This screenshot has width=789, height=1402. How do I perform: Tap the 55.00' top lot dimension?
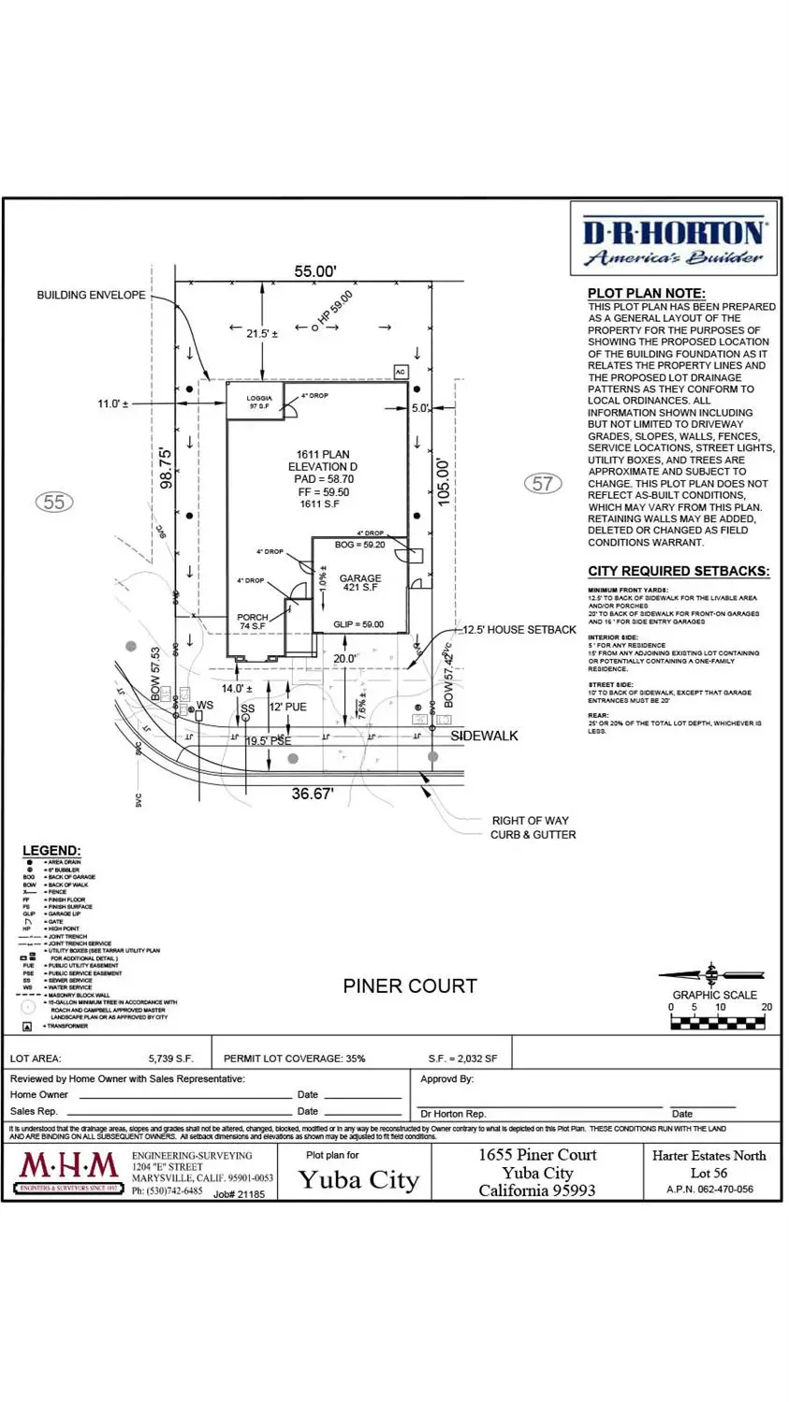tap(315, 271)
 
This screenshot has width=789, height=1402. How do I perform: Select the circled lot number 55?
tap(54, 502)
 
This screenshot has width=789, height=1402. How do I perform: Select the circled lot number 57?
tap(543, 483)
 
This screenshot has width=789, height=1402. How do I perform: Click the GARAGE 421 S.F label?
tap(359, 583)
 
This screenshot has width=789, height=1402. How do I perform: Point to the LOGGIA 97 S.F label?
tap(259, 402)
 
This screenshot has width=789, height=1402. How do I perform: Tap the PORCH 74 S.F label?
tap(253, 621)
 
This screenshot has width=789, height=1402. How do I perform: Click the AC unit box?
tap(401, 372)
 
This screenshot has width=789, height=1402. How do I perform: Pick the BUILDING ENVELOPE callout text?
tap(91, 295)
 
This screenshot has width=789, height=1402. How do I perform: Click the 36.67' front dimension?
tap(312, 794)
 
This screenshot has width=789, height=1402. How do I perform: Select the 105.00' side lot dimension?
tap(444, 481)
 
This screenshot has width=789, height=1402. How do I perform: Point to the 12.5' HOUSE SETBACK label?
tap(519, 630)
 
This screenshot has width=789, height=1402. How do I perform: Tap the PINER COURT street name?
tap(410, 986)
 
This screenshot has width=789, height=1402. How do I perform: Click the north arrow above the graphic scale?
tap(711, 973)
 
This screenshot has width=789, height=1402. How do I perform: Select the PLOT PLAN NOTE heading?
tap(646, 293)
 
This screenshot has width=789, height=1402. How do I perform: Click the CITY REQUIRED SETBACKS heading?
tap(679, 571)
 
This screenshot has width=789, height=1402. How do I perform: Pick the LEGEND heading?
tap(51, 851)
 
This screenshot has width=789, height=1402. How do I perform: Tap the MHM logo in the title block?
tap(69, 1169)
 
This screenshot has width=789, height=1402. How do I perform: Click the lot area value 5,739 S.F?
tap(170, 1059)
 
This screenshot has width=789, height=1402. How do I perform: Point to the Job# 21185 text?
tap(239, 1194)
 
